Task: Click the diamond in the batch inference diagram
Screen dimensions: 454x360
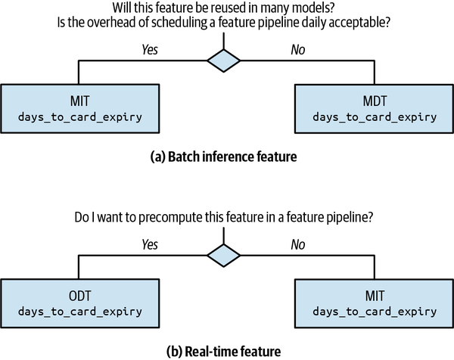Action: (223, 61)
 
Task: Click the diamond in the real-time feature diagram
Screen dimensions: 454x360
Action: (223, 256)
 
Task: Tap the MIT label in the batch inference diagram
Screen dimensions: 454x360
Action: (79, 101)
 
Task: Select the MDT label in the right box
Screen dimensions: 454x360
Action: (375, 101)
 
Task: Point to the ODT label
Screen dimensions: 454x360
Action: (79, 296)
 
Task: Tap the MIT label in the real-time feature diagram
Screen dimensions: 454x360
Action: (375, 296)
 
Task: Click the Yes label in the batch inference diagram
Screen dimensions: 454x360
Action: (150, 49)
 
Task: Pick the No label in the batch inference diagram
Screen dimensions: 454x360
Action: (298, 49)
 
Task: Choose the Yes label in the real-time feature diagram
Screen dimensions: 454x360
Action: (150, 244)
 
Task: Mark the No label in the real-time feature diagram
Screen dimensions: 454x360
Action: (298, 244)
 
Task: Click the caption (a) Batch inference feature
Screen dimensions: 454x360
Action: (223, 157)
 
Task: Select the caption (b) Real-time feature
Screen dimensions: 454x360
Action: (223, 352)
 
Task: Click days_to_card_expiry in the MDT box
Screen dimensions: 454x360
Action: (375, 117)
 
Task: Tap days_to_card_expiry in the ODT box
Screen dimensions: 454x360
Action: (80, 312)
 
